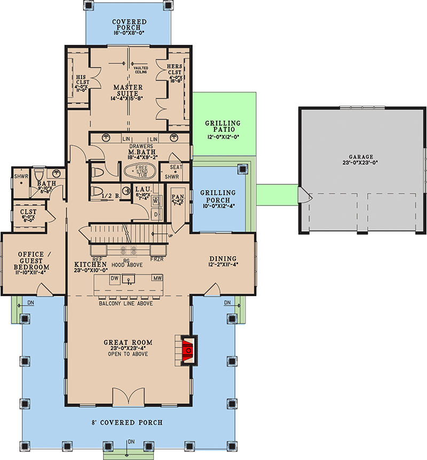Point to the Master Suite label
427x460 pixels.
(x=128, y=91)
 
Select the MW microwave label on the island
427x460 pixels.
(x=157, y=278)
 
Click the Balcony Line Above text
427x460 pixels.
(x=126, y=303)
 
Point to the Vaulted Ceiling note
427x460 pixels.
(x=140, y=70)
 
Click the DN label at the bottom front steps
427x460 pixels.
(x=131, y=441)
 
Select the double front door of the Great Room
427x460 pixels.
(x=127, y=397)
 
